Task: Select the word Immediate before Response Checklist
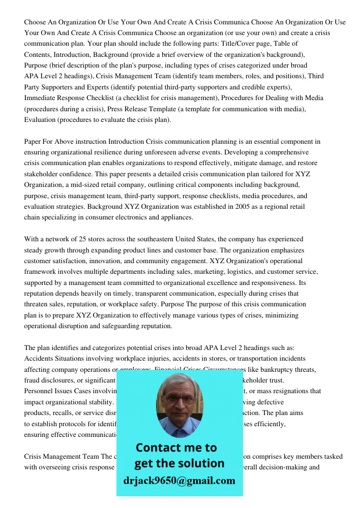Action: [41, 98]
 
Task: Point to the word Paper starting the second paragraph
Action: [34, 142]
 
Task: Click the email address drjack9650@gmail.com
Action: [179, 481]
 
